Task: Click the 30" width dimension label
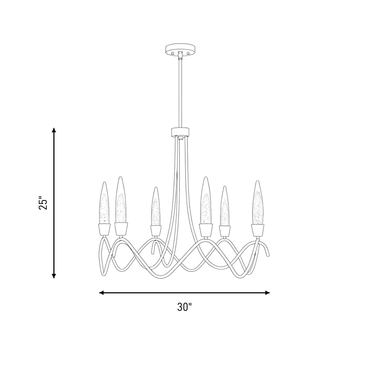[x=184, y=307]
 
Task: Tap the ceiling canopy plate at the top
[x=180, y=50]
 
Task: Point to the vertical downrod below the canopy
[x=180, y=94]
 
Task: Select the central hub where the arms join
[x=180, y=132]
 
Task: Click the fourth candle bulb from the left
[x=206, y=200]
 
